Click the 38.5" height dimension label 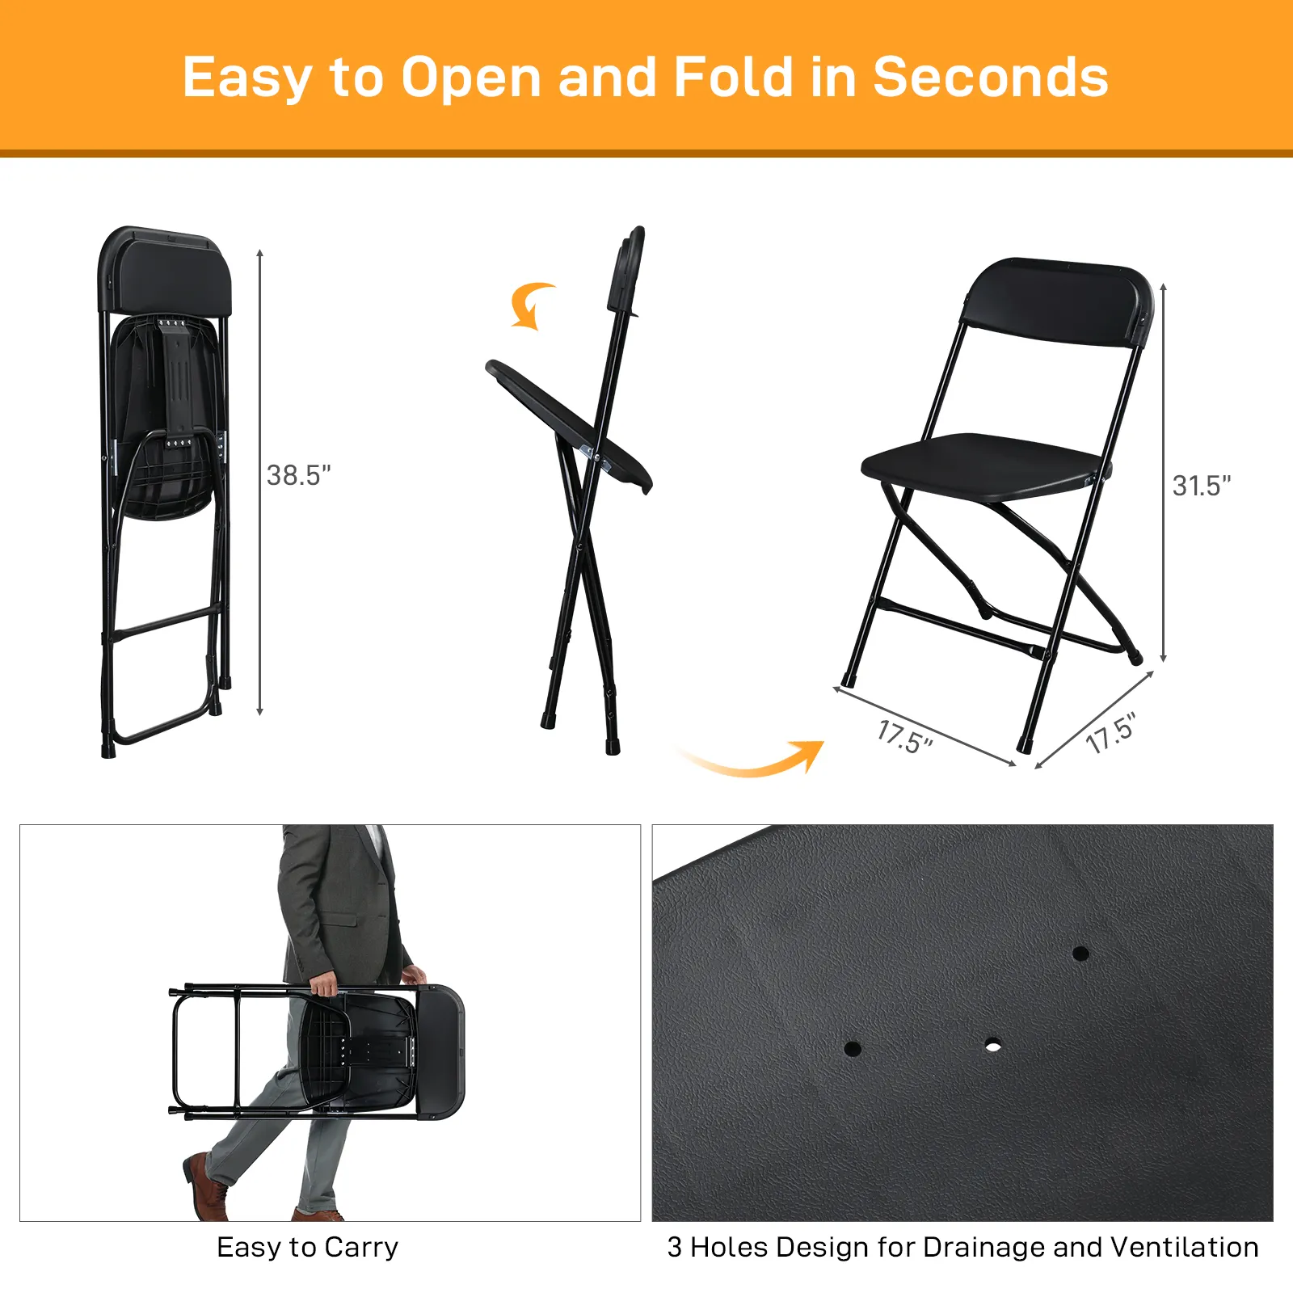coord(299,475)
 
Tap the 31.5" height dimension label coord(1202,486)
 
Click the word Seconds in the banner coord(991,78)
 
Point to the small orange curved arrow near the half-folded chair coord(531,305)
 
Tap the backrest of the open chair coord(1059,301)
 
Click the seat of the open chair coord(983,467)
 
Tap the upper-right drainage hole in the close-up coord(1080,954)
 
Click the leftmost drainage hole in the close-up coord(853,1049)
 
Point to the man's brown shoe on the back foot coord(206,1186)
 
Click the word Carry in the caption coord(361,1248)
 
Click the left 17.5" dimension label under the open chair coord(905,737)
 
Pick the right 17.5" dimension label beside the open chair coord(1111,733)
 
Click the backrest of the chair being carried coord(440,1051)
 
